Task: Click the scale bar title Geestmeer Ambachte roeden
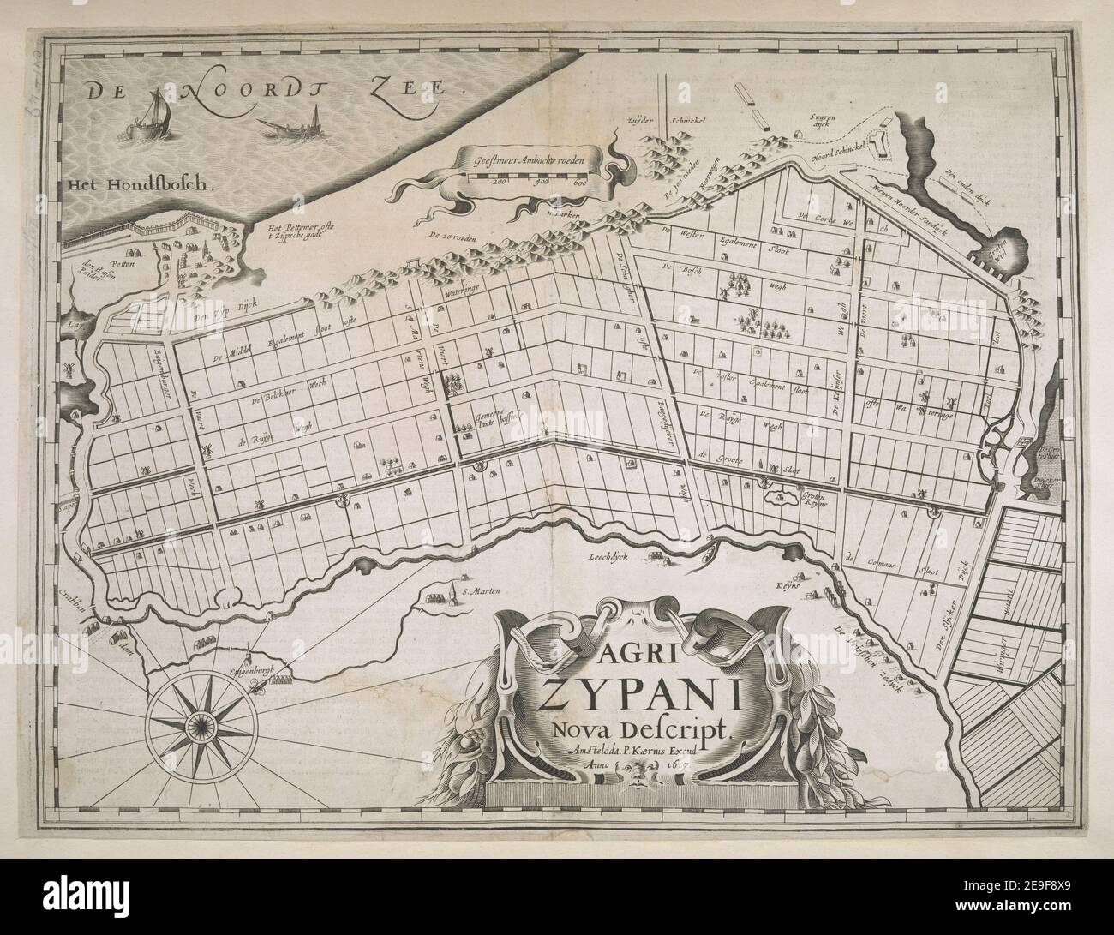(x=531, y=159)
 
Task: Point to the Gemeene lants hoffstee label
(x=494, y=420)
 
